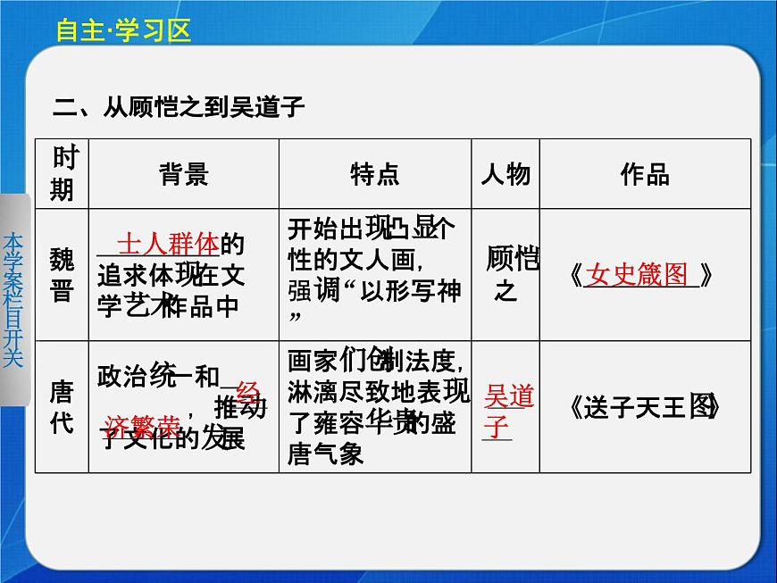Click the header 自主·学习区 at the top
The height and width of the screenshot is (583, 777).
pos(123,30)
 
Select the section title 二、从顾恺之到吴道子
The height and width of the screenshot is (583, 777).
pos(180,108)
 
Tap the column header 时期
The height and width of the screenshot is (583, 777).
pos(63,173)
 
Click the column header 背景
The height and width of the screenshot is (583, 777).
pos(184,174)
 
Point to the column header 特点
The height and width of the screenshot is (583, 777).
pos(375,174)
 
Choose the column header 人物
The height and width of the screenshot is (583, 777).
pos(505,174)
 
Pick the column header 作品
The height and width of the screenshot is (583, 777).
pos(645,174)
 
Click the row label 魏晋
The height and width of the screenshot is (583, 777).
pos(63,275)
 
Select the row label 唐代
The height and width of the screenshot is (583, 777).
pos(63,406)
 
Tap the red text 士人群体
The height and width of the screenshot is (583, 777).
pos(168,244)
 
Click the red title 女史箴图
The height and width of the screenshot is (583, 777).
pos(638,275)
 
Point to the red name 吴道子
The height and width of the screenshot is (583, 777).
pos(506,410)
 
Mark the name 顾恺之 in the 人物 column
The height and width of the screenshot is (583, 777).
pos(512,273)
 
